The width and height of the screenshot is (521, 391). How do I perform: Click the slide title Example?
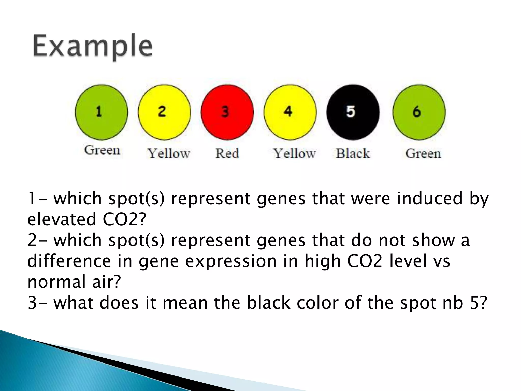tap(93, 47)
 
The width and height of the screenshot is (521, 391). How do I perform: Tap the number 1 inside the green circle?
tap(99, 111)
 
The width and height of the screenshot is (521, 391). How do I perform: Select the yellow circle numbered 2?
tap(164, 112)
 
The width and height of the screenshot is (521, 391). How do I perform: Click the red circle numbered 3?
tap(227, 112)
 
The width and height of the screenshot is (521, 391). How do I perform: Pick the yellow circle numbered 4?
tap(290, 112)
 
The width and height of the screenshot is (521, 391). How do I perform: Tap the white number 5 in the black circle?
tap(351, 111)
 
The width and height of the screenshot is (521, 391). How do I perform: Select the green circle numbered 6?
tap(419, 112)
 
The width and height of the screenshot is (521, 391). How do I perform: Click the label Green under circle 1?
tap(102, 150)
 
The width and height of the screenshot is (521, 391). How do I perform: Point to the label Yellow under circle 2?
tap(169, 153)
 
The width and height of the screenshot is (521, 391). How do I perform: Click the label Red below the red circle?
tap(227, 153)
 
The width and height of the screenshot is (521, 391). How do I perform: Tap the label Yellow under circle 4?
tap(294, 153)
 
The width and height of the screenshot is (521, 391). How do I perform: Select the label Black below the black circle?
tap(353, 153)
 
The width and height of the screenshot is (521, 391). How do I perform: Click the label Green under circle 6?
tap(423, 153)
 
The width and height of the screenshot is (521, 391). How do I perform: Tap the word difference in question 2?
tap(69, 261)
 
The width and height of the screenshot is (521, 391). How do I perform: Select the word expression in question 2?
tap(230, 261)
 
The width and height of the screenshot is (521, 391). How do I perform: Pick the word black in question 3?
tap(268, 303)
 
